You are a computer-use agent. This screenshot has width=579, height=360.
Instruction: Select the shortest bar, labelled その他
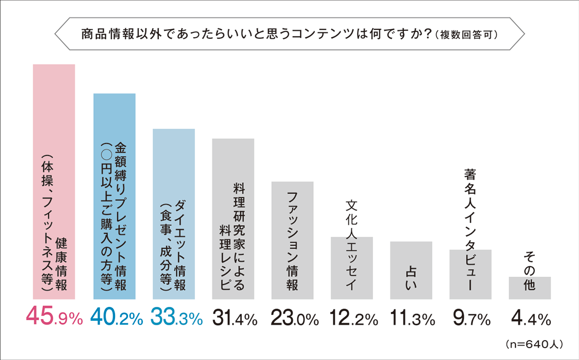529,288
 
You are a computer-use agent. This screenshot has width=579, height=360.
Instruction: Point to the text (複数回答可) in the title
466,35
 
